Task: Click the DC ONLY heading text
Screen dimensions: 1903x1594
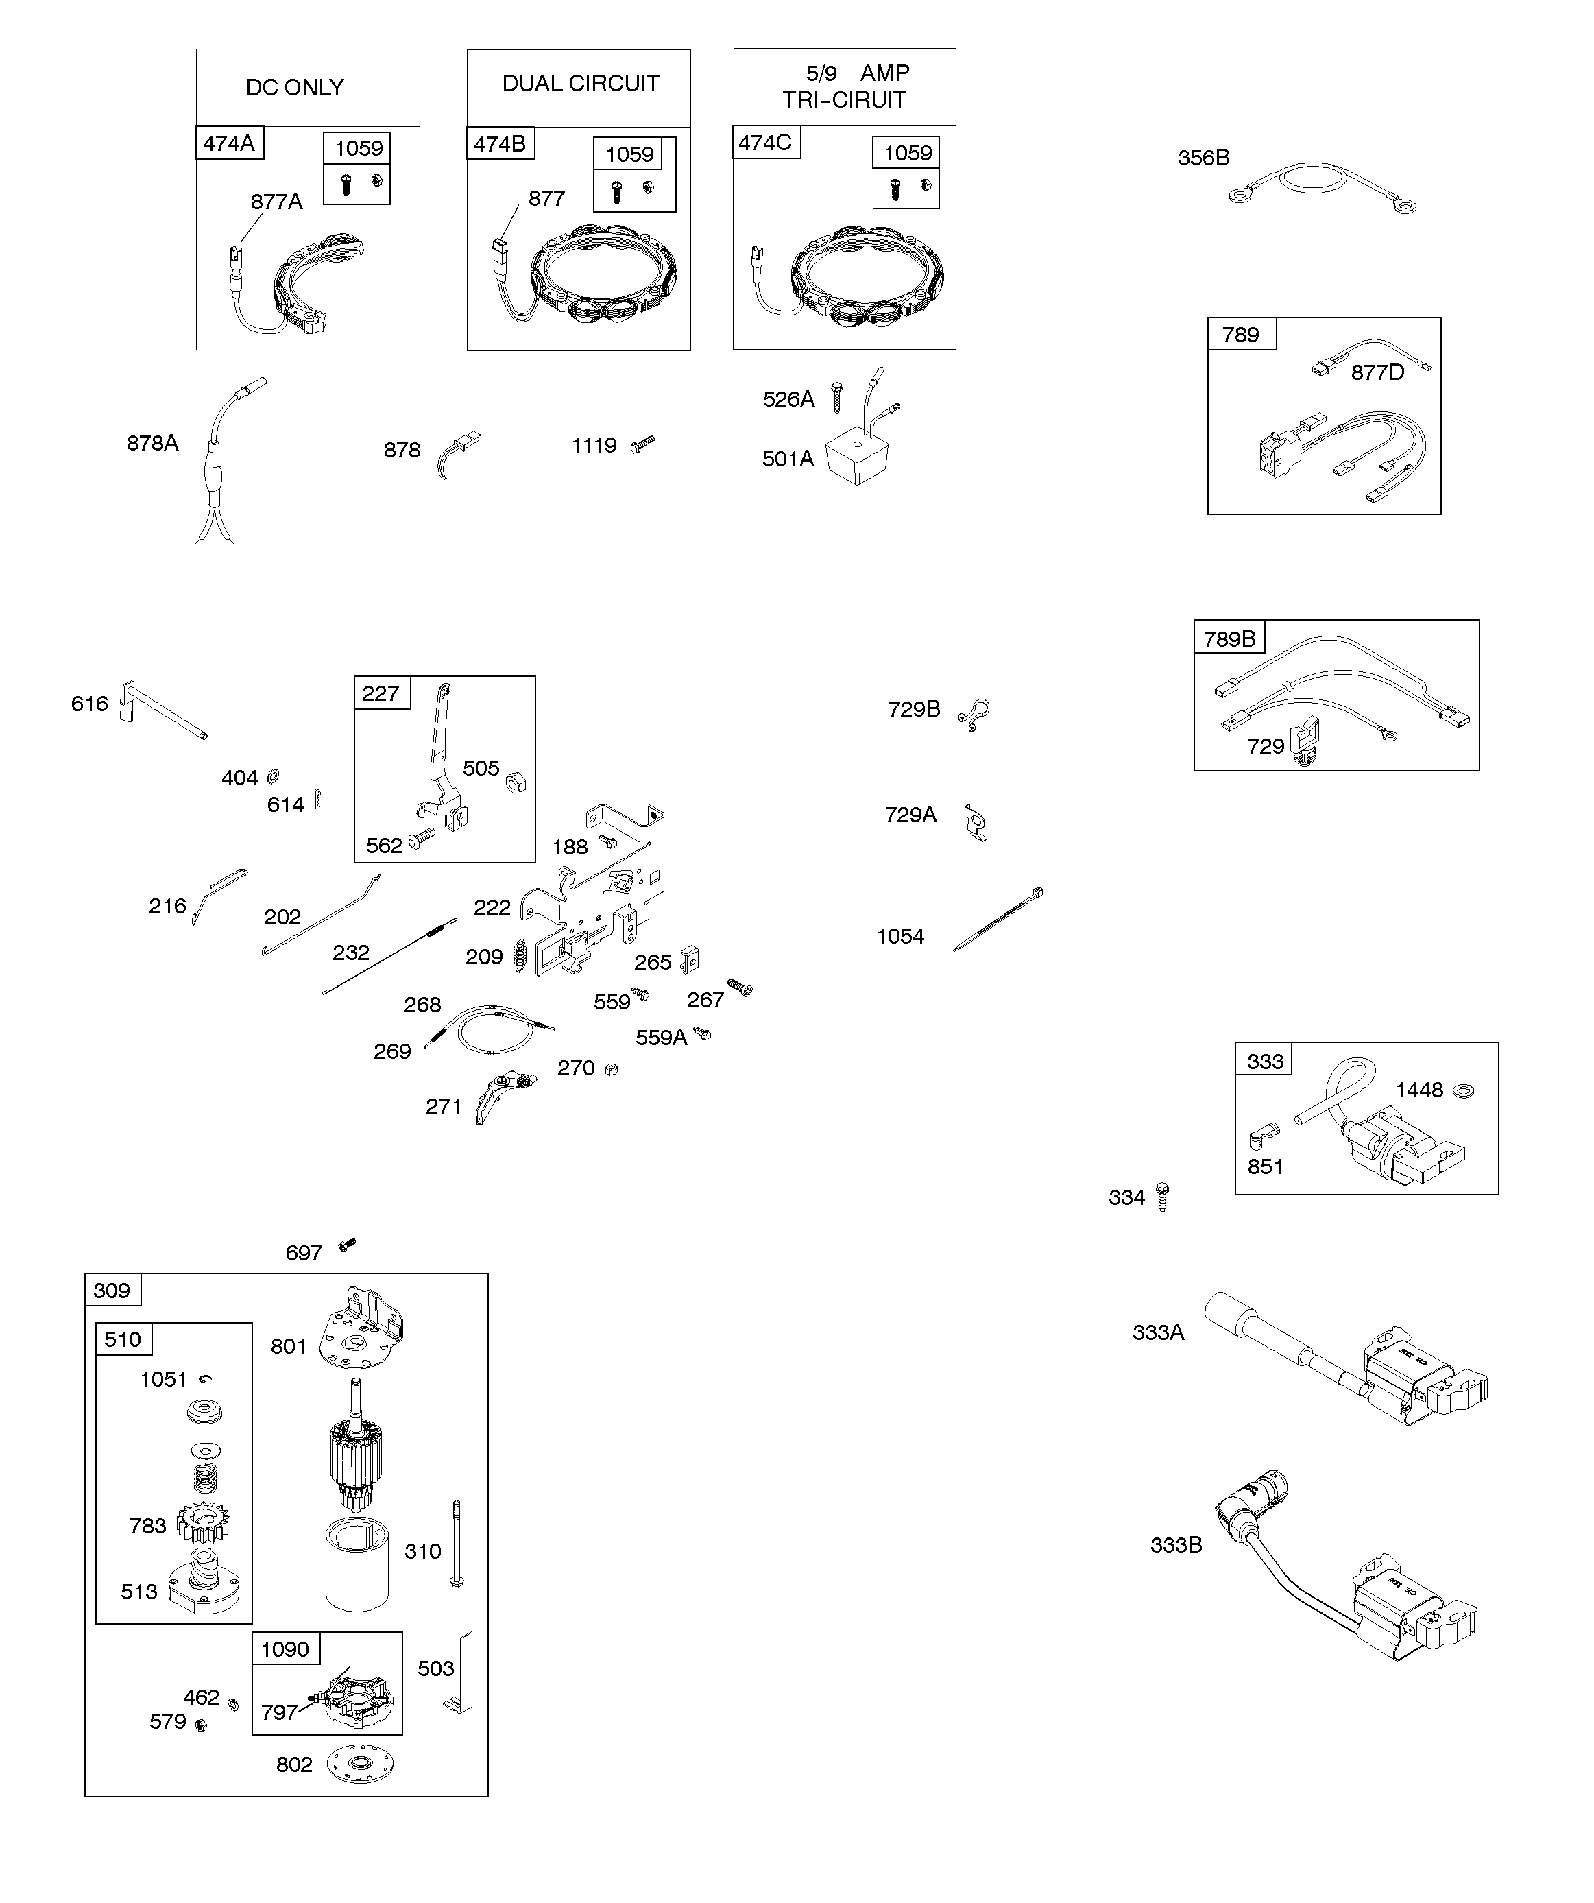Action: (x=295, y=88)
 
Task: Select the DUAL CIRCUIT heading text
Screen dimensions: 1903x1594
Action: (x=580, y=84)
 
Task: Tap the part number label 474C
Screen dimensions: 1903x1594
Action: (x=765, y=142)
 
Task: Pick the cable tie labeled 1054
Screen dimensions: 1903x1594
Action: (x=998, y=920)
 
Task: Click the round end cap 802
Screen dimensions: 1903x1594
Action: (x=361, y=1764)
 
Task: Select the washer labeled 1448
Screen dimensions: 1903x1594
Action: (x=1462, y=1090)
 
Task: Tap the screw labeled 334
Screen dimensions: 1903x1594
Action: (x=1163, y=1197)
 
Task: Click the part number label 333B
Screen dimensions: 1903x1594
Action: (x=1175, y=1545)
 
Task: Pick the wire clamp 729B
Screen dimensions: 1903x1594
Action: (x=975, y=714)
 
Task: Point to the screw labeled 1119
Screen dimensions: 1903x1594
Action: (x=642, y=444)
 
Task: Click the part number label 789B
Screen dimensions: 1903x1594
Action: (x=1229, y=639)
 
